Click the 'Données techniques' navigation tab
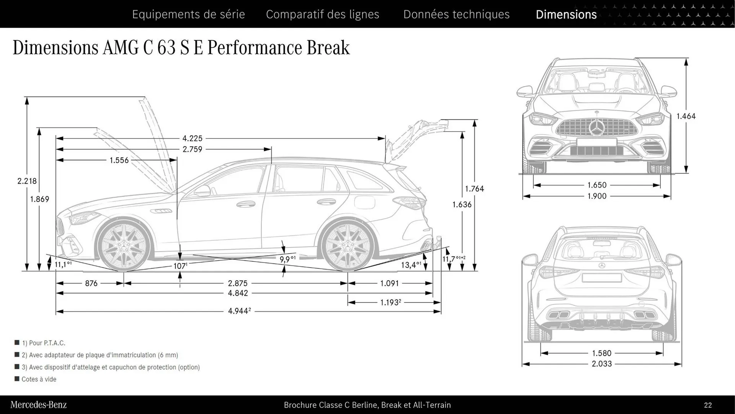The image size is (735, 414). click(456, 14)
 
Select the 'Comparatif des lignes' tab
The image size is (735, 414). click(322, 14)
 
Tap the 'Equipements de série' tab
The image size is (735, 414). click(188, 14)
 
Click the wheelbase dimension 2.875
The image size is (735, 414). click(237, 283)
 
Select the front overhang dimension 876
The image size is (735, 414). click(91, 283)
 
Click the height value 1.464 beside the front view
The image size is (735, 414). click(686, 116)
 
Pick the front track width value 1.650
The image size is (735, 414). click(597, 185)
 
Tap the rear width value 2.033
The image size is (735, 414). click(601, 364)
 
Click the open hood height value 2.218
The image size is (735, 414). click(27, 181)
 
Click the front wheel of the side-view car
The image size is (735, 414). click(123, 245)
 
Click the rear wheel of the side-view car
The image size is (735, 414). click(348, 245)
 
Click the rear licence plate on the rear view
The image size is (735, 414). click(601, 278)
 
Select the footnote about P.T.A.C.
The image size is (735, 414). click(43, 343)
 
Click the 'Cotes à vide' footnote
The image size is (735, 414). click(39, 379)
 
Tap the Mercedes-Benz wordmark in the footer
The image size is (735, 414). click(38, 405)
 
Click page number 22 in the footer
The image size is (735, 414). click(707, 405)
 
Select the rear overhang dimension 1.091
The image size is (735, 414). click(389, 283)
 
